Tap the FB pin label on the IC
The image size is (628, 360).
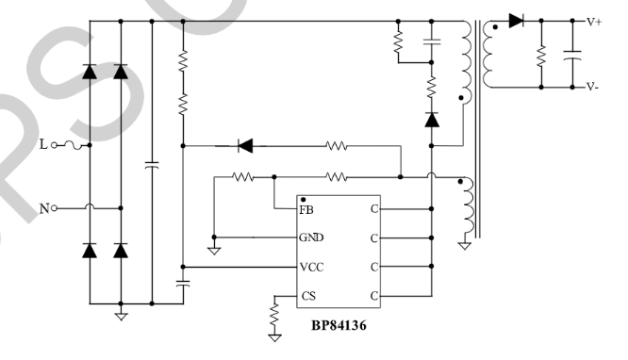(x=307, y=209)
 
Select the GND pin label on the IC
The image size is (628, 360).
(x=312, y=237)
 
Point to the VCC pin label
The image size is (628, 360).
(x=312, y=267)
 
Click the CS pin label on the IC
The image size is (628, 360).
(x=307, y=296)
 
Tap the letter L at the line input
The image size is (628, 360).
(x=42, y=144)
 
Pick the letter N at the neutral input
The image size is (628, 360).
(x=43, y=208)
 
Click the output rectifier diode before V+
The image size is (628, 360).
(x=515, y=21)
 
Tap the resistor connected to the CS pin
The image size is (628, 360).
(x=275, y=309)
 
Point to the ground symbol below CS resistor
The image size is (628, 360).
(x=275, y=333)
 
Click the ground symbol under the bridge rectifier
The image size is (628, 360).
(x=120, y=316)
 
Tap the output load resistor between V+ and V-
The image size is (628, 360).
(x=541, y=54)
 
